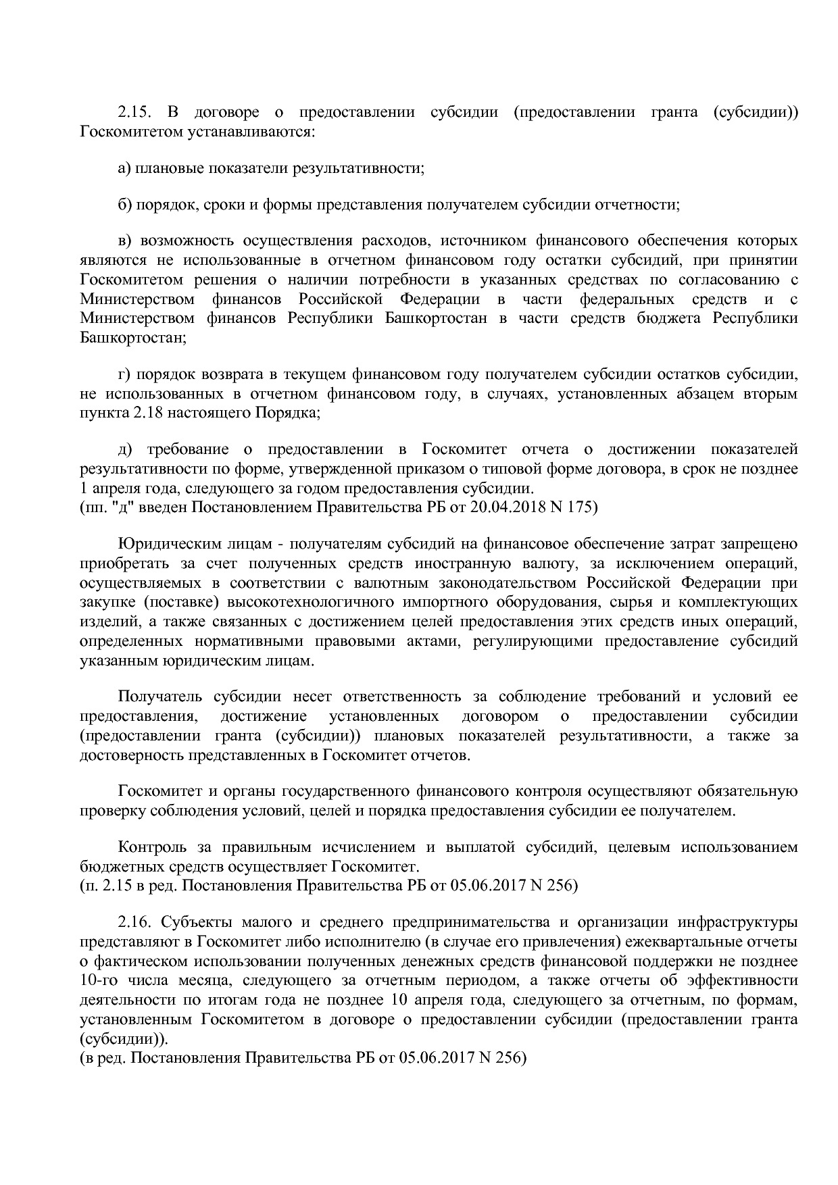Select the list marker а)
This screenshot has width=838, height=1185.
124,168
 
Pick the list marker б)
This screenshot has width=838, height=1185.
124,204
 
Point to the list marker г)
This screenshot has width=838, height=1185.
124,374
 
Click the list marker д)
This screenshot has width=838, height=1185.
124,450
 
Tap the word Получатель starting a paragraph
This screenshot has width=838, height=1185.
158,697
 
